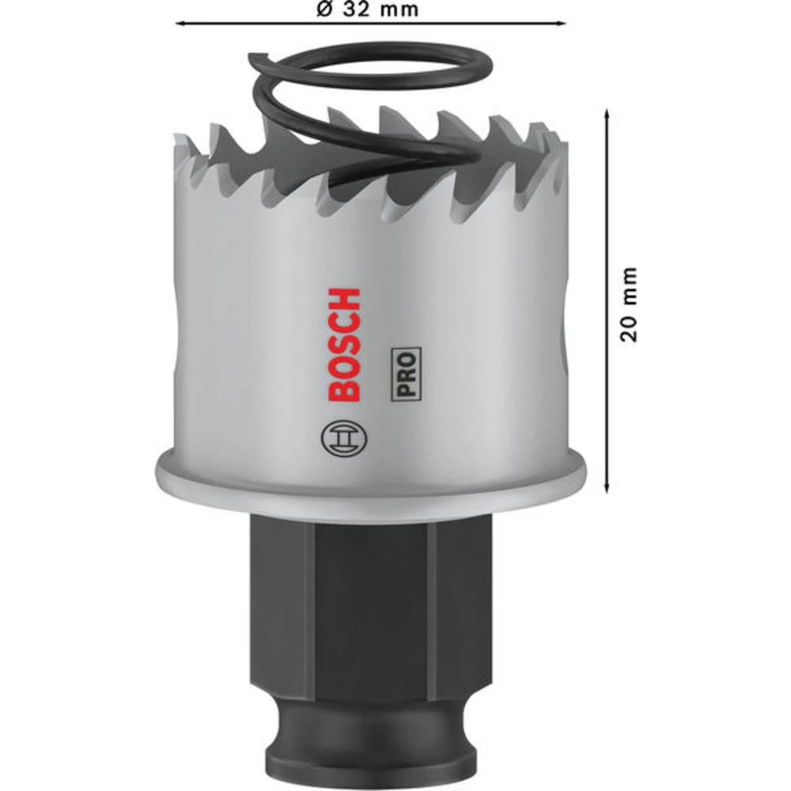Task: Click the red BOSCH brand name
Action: point(343,345)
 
